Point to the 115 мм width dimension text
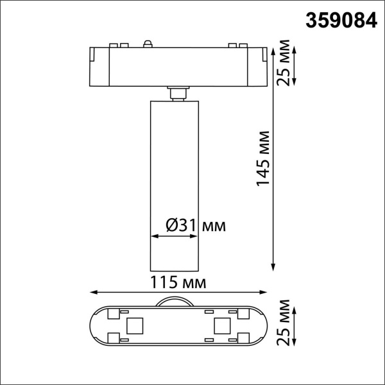point(178,282)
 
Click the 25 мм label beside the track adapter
point(283,62)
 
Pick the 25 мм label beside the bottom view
point(283,322)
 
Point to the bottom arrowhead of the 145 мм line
point(274,268)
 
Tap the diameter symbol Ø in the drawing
point(171,225)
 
